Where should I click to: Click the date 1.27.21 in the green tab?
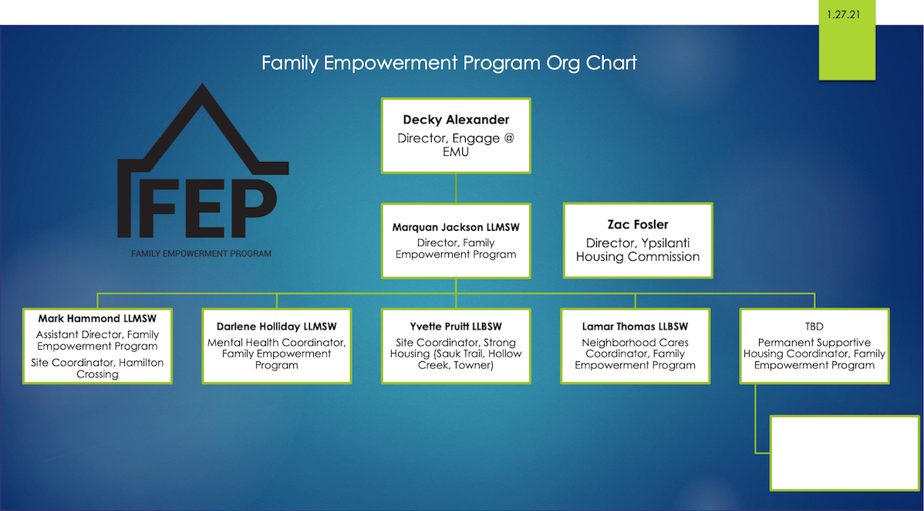click(843, 15)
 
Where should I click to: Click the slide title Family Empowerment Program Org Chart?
click(449, 63)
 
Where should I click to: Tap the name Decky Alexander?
click(456, 120)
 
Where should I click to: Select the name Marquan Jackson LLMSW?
click(456, 227)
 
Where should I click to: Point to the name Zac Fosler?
click(638, 225)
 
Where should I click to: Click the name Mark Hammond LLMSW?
click(97, 319)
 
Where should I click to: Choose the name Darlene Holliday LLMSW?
click(276, 327)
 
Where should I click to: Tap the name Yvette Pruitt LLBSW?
click(456, 327)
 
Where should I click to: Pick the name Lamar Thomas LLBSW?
click(636, 327)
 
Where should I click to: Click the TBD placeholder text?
click(814, 327)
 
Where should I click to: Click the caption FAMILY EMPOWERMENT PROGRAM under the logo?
click(201, 254)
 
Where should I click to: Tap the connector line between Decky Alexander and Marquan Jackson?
click(456, 188)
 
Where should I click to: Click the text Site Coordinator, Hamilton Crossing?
click(97, 368)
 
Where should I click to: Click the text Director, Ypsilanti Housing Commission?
click(638, 249)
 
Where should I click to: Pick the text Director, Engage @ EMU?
click(456, 144)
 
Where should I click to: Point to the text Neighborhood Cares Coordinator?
click(636, 348)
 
